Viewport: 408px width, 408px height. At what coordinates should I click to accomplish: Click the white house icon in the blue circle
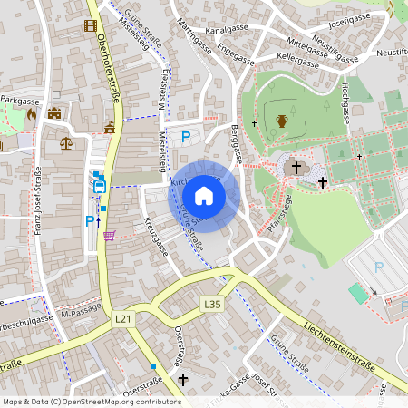[204, 195]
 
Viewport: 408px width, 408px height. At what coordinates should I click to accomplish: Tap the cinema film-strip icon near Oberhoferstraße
[90, 24]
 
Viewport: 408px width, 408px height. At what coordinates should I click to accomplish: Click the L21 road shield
[123, 319]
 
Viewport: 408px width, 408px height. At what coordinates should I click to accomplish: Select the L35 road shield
[212, 304]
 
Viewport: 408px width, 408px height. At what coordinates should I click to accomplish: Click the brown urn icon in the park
[282, 121]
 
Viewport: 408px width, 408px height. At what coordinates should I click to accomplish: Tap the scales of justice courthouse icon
[66, 141]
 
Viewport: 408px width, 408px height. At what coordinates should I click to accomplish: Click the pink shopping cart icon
[110, 236]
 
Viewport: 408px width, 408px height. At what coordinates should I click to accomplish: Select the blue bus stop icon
[100, 187]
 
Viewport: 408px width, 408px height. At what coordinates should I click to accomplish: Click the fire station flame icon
[32, 115]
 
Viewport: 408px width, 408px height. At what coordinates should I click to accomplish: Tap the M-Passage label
[79, 313]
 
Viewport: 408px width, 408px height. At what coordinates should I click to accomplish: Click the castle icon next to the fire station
[54, 114]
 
